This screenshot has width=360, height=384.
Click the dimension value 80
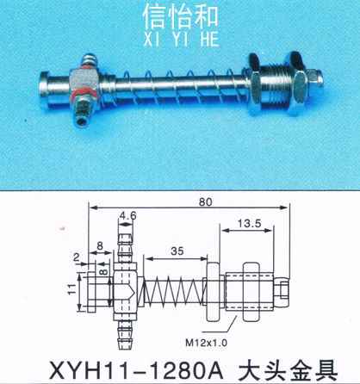point(205,201)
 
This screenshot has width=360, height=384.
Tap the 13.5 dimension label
point(249,223)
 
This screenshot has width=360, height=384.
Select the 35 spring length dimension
point(177,251)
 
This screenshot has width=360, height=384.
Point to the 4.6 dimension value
point(127,215)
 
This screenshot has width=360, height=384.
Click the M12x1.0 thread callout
point(206,343)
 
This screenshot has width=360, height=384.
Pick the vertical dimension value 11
point(72,289)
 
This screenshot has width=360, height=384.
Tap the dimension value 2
point(76,257)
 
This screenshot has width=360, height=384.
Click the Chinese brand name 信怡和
point(181,17)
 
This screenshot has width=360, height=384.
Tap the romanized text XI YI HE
point(181,39)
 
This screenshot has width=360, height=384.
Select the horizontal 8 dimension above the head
point(100,246)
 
